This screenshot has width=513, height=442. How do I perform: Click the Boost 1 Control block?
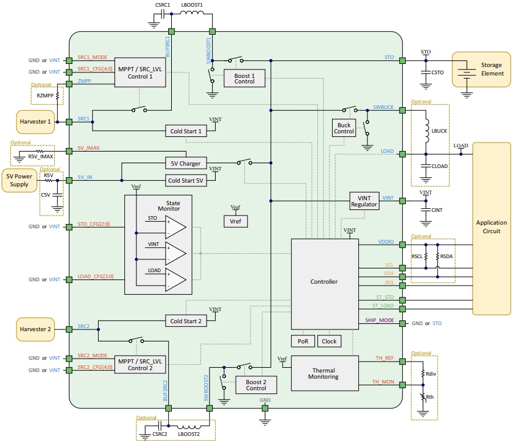pyautogui.click(x=244, y=77)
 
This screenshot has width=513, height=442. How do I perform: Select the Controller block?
pyautogui.click(x=324, y=281)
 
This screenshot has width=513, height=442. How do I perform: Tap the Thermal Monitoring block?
pyautogui.click(x=324, y=372)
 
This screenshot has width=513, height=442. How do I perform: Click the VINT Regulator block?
pyautogui.click(x=364, y=200)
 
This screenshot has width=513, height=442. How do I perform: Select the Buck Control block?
pyautogui.click(x=344, y=127)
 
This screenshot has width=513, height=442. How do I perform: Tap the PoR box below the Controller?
pyautogui.click(x=303, y=341)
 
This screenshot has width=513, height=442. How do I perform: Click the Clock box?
pyautogui.click(x=329, y=341)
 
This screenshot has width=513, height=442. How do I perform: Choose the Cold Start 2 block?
pyautogui.click(x=186, y=321)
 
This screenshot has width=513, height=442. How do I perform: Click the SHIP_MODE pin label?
pyautogui.click(x=380, y=320)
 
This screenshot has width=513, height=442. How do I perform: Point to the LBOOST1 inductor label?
pyautogui.click(x=192, y=4)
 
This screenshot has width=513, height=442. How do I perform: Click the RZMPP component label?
pyautogui.click(x=44, y=95)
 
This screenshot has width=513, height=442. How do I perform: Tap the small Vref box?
pyautogui.click(x=235, y=222)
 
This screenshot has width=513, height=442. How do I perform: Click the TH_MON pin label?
pyautogui.click(x=384, y=382)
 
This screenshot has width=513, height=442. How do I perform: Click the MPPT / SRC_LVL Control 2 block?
pyautogui.click(x=139, y=364)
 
